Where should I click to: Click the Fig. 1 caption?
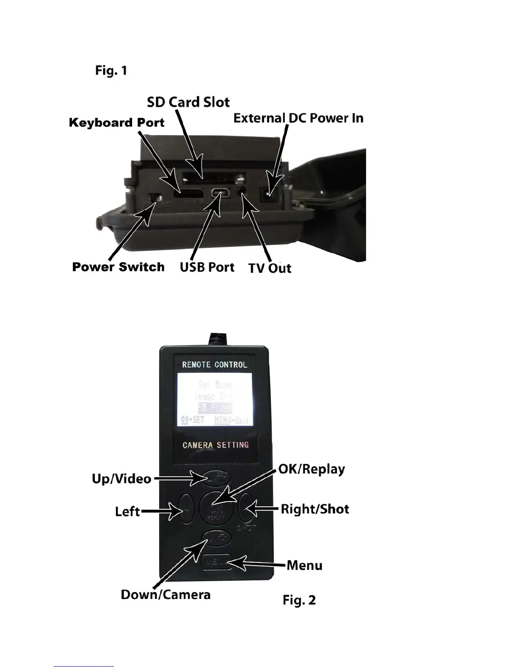pos(111,70)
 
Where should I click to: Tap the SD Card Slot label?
pos(188,102)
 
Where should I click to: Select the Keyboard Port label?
pos(116,123)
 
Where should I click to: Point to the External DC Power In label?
pos(298,118)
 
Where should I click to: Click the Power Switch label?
pos(118,267)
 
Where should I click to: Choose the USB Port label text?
pos(207,267)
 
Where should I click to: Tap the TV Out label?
pos(270,268)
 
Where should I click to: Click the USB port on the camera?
pos(221,193)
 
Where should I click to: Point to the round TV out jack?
pos(242,191)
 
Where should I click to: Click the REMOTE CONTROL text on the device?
pos(215,365)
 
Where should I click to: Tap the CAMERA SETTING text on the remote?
pos(215,445)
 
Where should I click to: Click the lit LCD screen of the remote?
pos(215,399)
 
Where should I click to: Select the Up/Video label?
pos(121,479)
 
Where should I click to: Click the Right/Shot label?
pos(315,509)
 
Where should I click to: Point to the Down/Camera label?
pos(165,595)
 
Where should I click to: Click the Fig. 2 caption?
pos(299,600)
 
